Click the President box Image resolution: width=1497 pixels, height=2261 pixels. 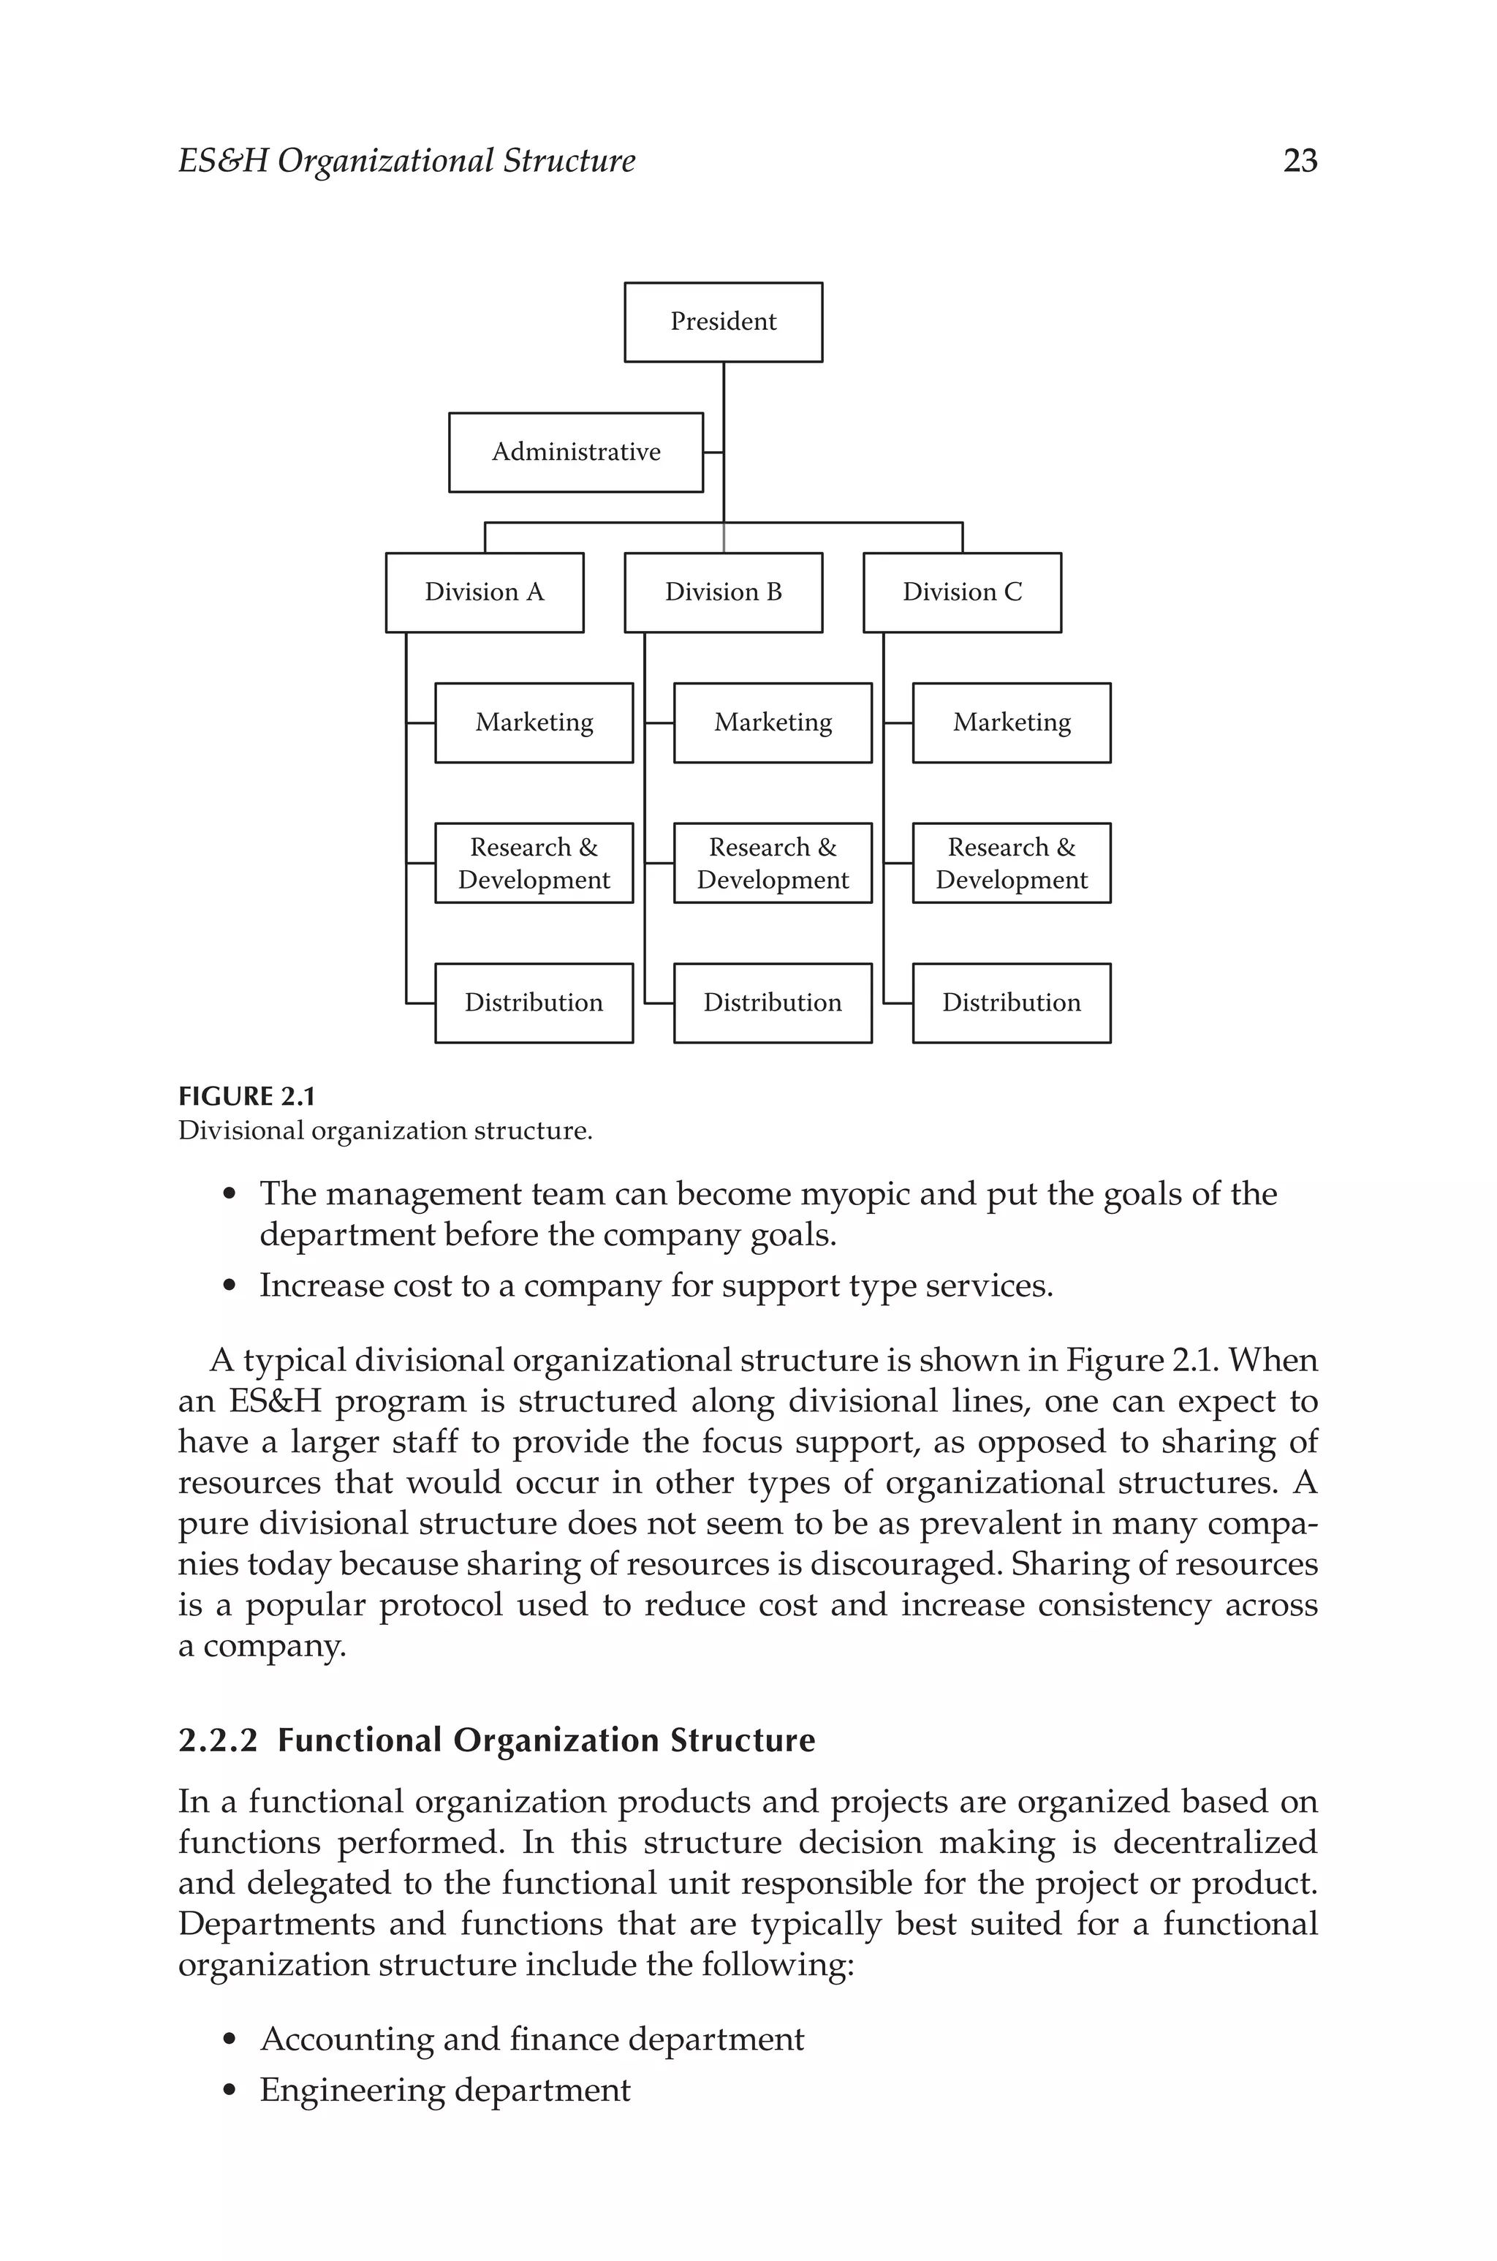point(723,322)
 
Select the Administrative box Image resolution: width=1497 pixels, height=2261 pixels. point(576,453)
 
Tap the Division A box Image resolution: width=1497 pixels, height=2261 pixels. point(484,592)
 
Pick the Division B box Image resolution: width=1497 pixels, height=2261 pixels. point(723,592)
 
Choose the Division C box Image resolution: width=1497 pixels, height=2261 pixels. point(961,592)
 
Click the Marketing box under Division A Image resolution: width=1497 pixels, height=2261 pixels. point(534,722)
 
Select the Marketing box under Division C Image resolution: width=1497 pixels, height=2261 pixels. point(1011,722)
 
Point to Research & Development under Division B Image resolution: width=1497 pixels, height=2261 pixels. point(773,863)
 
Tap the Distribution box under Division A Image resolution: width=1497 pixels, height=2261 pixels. point(534,1003)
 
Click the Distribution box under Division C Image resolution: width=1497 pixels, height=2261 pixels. point(1011,1003)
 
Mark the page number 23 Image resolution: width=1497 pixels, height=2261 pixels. point(1300,160)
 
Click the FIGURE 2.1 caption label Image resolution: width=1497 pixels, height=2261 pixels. point(246,1096)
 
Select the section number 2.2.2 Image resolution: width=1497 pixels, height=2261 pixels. point(218,1740)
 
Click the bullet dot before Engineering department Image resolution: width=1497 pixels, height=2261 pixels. point(228,2091)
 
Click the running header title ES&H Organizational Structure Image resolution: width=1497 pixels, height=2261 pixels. point(406,160)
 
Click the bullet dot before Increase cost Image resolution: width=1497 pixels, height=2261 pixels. point(228,1287)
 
